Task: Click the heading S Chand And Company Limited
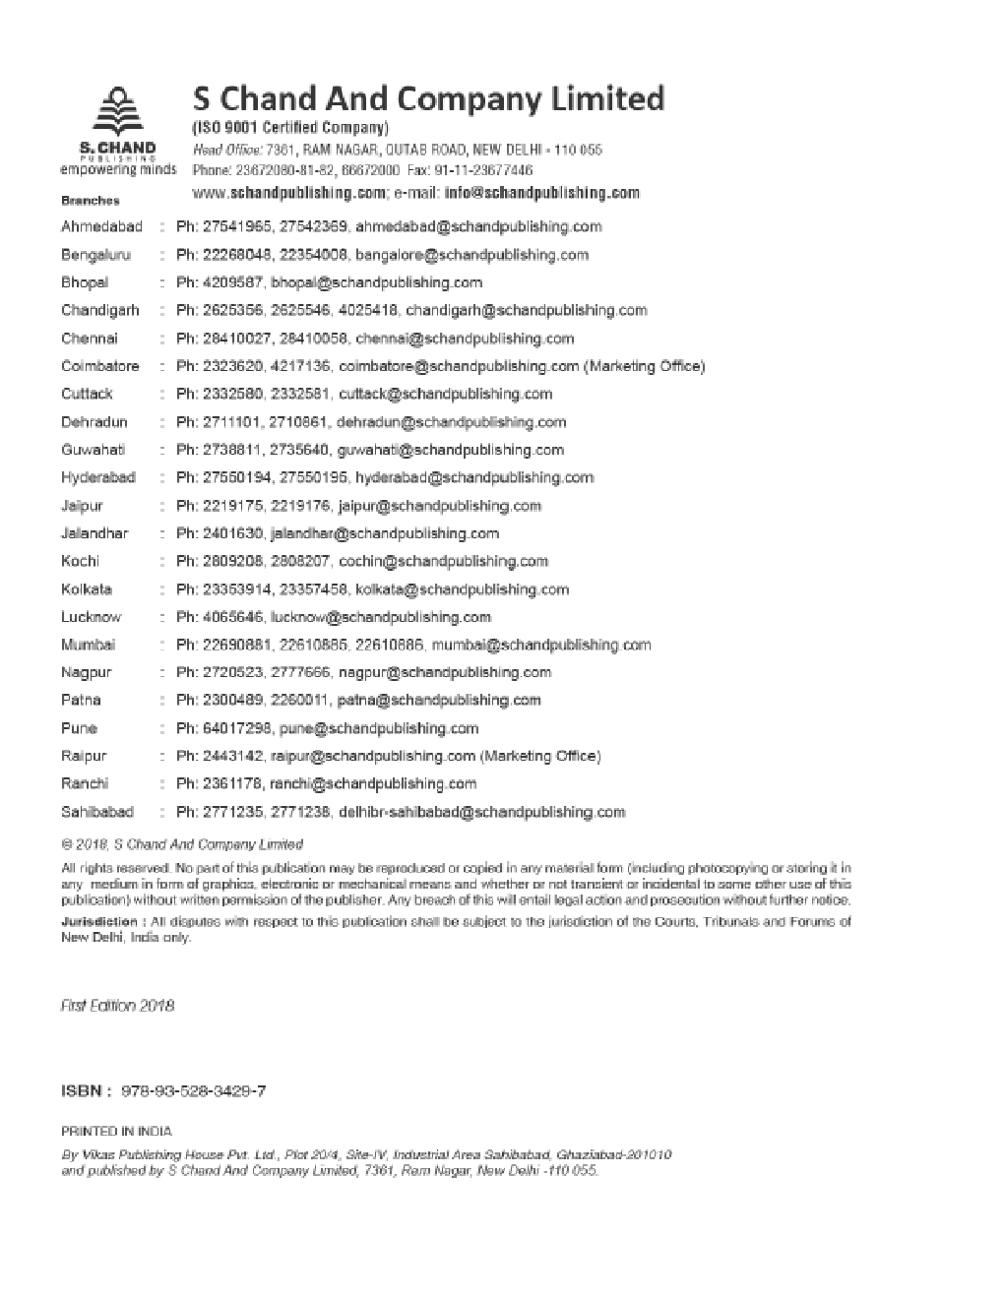428,98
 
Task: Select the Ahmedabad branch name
101,226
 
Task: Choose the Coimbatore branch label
100,366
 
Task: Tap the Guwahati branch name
93,450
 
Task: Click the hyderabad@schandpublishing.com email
474,477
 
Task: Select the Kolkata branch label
87,589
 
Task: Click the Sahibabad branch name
97,812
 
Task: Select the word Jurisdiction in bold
98,922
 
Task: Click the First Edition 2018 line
117,1006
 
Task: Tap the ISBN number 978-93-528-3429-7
194,1091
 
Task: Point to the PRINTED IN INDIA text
116,1132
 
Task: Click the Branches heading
91,201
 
